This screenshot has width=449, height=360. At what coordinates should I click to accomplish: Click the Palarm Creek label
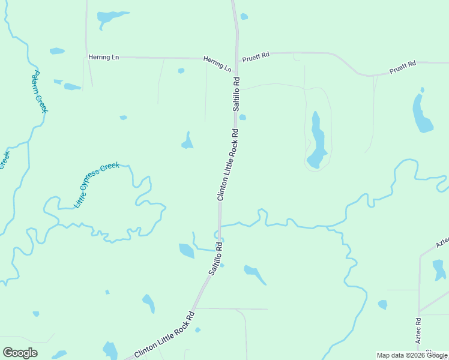coord(40,92)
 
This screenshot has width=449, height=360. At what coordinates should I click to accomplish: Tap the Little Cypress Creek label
coord(97,185)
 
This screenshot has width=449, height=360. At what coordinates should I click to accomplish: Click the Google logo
coord(20,353)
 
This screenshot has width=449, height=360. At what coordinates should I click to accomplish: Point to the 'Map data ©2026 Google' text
coord(412,355)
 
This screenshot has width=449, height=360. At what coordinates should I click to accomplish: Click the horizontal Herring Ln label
coord(104,57)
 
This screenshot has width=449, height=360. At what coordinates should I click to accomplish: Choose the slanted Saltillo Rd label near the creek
coord(216,258)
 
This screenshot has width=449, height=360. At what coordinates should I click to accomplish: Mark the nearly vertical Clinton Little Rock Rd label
coord(228,165)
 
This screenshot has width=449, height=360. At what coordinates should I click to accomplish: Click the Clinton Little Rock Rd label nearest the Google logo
coord(165,335)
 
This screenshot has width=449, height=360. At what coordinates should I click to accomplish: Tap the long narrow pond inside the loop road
coord(316,141)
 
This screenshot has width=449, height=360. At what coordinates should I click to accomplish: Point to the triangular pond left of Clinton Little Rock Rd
coord(188,142)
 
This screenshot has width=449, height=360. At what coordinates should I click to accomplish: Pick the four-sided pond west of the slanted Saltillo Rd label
coord(187,251)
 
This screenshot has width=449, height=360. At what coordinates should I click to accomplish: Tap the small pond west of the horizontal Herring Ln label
coord(57,51)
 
